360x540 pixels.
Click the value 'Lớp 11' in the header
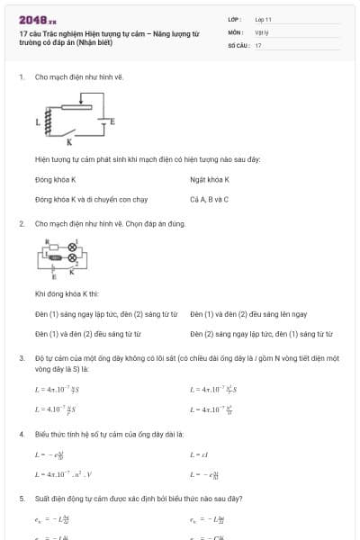coord(263,18)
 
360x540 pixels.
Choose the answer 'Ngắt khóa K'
coord(210,180)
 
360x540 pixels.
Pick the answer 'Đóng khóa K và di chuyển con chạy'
coord(91,199)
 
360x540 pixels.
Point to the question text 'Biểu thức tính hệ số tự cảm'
coord(108,434)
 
